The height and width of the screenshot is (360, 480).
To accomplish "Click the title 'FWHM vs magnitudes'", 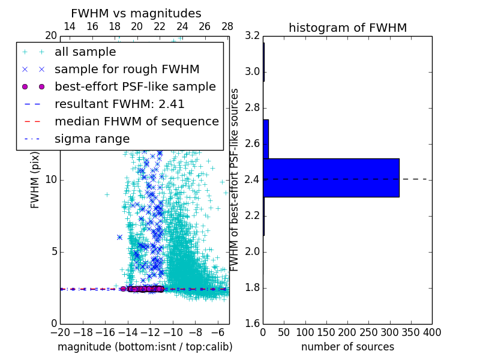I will tap(136, 14).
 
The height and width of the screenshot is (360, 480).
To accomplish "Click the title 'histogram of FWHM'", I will tap(347, 28).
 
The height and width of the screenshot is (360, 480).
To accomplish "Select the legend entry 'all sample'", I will tap(85, 52).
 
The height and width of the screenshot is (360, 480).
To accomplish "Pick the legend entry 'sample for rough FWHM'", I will tap(127, 70).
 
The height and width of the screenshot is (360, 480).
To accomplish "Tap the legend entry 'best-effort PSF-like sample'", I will tap(135, 86).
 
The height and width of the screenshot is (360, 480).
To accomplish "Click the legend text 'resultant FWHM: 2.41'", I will tap(119, 104).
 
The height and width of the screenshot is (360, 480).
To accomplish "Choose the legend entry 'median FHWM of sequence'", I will tap(136, 121).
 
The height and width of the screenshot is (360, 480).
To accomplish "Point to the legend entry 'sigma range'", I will tap(92, 139).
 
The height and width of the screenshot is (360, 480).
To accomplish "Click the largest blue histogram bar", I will tap(331, 178).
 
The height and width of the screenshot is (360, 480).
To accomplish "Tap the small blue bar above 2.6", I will tap(265, 139).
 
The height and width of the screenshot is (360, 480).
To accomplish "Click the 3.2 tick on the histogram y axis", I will tap(253, 36).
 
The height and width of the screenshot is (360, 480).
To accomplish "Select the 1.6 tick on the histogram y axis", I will tap(253, 323).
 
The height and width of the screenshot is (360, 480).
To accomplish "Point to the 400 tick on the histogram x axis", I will tap(432, 332).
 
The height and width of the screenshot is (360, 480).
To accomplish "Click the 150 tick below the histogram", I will tap(326, 332).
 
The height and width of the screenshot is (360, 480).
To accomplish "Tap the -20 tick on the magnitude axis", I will tap(60, 332).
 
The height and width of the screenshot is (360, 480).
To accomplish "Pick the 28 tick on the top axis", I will tap(227, 26).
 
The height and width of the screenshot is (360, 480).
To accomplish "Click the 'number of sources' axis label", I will tap(347, 347).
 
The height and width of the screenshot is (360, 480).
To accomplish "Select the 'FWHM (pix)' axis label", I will tap(35, 180).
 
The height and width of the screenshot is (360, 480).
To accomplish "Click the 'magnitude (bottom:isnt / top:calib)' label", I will tap(145, 347).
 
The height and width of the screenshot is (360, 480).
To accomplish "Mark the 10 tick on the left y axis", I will tap(52, 180).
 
